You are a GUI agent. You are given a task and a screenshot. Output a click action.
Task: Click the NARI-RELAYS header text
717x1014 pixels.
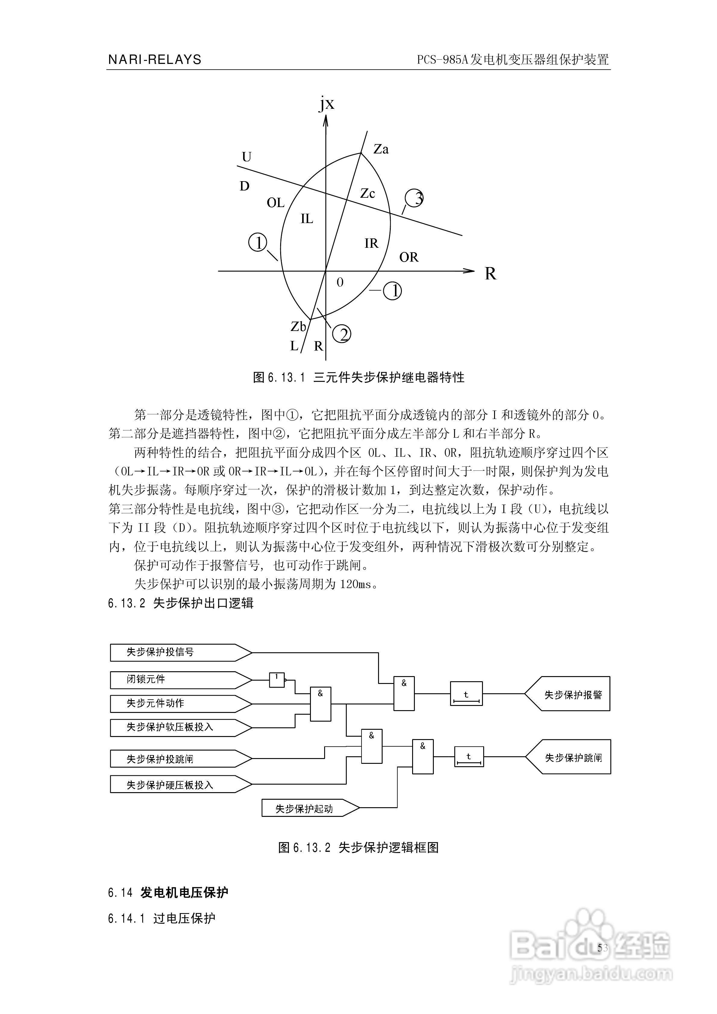(155, 60)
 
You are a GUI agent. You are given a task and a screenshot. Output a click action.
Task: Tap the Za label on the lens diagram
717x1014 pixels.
(381, 149)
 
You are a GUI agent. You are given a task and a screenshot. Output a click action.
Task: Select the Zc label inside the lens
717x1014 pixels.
(367, 194)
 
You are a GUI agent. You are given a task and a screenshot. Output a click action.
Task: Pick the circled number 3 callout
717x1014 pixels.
(415, 198)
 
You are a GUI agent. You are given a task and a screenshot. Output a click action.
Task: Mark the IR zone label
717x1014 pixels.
(371, 243)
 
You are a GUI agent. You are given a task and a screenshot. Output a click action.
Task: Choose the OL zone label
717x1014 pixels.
(275, 203)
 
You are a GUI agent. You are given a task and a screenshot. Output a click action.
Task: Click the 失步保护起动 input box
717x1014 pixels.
(309, 809)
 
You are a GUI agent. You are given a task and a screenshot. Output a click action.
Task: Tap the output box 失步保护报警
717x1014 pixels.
(570, 695)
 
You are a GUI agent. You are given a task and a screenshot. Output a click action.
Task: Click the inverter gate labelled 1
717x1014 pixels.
(277, 680)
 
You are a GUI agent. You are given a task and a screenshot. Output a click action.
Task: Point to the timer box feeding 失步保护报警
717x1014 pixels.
(466, 694)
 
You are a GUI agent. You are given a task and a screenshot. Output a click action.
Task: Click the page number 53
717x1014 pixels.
(602, 948)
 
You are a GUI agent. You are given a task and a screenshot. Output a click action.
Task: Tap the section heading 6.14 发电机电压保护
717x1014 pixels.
(168, 893)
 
